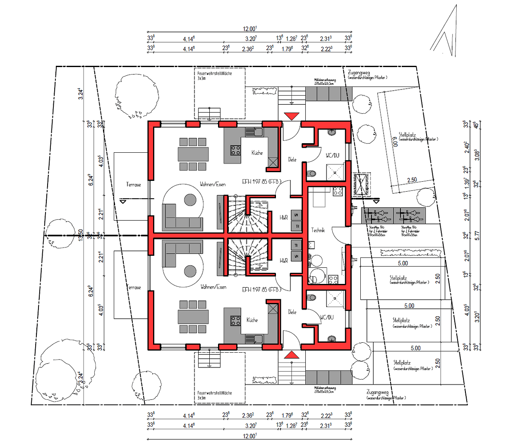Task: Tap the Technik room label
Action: pyautogui.click(x=318, y=230)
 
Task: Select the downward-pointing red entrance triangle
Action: pyautogui.click(x=292, y=116)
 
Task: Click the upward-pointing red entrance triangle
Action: pyautogui.click(x=292, y=355)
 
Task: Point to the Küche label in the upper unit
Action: pyautogui.click(x=257, y=153)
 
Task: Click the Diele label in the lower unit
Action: pyautogui.click(x=292, y=312)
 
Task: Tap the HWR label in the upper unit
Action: pyautogui.click(x=283, y=217)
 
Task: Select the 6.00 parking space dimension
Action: pyautogui.click(x=396, y=142)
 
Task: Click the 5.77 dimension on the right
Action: pyautogui.click(x=477, y=236)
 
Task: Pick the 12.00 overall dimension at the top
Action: pyautogui.click(x=249, y=29)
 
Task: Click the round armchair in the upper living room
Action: pyautogui.click(x=190, y=200)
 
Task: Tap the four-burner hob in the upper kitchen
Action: pyautogui.click(x=236, y=150)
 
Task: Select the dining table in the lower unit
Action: pyautogui.click(x=193, y=317)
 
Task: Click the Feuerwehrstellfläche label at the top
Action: pyautogui.click(x=214, y=73)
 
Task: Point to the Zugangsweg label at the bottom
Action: pyautogui.click(x=377, y=392)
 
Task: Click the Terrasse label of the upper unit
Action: pyautogui.click(x=133, y=185)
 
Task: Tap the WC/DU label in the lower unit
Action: pyautogui.click(x=326, y=317)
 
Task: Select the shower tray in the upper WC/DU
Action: pyautogui.click(x=336, y=172)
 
